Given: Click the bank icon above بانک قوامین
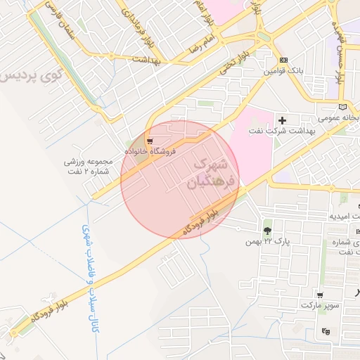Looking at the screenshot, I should [x=283, y=60].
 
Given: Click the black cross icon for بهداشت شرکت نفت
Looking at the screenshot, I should [x=283, y=120].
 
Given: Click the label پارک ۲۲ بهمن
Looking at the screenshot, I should [x=267, y=241].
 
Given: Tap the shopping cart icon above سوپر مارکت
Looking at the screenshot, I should [x=320, y=296].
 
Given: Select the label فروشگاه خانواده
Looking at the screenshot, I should [x=150, y=150].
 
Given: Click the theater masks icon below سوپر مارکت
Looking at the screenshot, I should [x=325, y=331].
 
